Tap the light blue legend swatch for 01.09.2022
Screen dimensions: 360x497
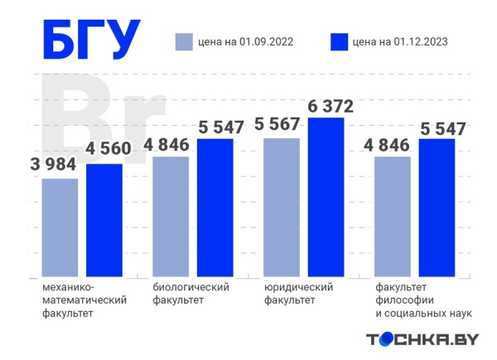183,41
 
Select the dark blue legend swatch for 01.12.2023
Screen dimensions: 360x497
338,41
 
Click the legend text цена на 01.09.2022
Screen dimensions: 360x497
246,41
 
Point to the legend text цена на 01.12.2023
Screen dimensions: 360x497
401,41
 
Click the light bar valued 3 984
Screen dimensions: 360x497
60,227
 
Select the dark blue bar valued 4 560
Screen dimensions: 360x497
104,219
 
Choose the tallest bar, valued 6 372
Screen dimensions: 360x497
326,196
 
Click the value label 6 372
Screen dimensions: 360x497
331,106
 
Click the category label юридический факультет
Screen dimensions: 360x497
299,293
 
